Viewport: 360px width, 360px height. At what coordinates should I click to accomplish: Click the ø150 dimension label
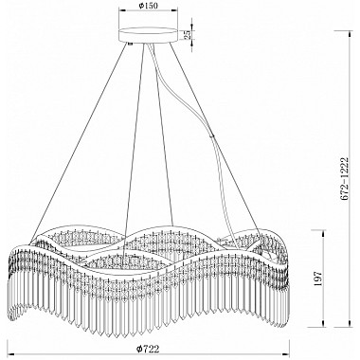tap(148, 5)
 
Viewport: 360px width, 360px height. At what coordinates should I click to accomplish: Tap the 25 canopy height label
tap(188, 35)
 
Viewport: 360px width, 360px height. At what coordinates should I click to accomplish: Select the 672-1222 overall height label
tap(344, 179)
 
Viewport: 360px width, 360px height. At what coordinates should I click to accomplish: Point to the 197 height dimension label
tap(318, 279)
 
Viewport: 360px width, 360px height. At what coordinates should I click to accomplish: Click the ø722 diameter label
tap(148, 349)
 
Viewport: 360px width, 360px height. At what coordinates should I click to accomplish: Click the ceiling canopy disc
tap(148, 35)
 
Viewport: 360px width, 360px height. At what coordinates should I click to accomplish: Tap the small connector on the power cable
tap(213, 136)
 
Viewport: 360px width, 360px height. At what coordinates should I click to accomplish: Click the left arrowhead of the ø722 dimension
tap(9, 353)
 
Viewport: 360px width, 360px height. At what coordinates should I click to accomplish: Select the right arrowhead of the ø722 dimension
tap(287, 353)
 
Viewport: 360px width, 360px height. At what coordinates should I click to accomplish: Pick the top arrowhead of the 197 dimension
tap(323, 233)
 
